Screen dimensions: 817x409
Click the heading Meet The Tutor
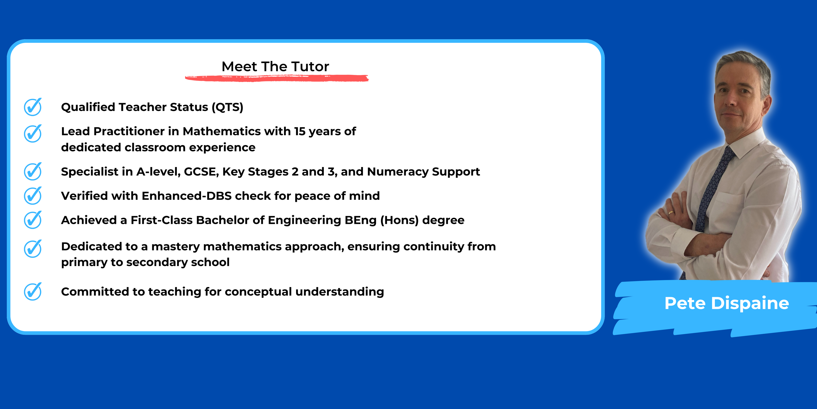pos(275,67)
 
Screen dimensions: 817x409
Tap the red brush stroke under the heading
pos(277,78)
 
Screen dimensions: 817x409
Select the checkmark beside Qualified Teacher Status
pos(33,107)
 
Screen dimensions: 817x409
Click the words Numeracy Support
pos(423,172)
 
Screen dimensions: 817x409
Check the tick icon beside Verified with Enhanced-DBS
pos(33,195)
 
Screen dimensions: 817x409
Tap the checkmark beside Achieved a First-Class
pos(33,220)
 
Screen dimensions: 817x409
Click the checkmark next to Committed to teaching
pos(33,291)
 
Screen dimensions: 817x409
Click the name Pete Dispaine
pos(727,303)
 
